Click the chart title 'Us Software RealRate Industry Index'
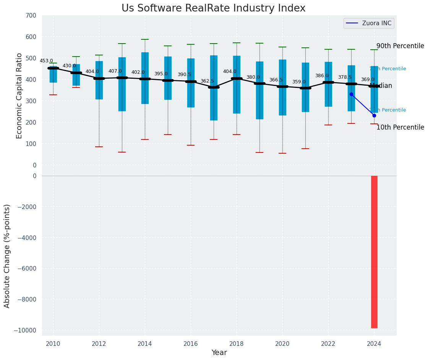(x=213, y=8)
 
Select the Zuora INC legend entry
(x=369, y=23)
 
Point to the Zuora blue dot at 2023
(x=351, y=94)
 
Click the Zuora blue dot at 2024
(x=374, y=115)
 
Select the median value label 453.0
(x=46, y=61)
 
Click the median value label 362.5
(x=207, y=81)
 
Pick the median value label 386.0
(x=322, y=76)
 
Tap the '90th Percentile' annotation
(x=400, y=46)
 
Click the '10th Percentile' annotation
(x=400, y=127)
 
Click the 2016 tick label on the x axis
(x=191, y=344)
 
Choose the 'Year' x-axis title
(x=219, y=353)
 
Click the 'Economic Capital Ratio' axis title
(x=19, y=96)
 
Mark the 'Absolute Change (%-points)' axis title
(x=7, y=256)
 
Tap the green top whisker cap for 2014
(x=145, y=39)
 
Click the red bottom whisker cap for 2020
(x=282, y=153)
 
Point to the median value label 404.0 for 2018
(x=230, y=71)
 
